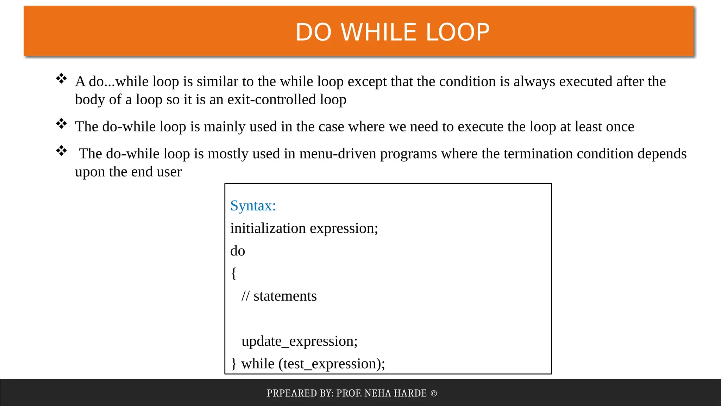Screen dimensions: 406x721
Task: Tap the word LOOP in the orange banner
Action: point(458,32)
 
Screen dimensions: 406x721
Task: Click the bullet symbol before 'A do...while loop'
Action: point(62,79)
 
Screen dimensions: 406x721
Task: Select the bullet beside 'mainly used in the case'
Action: point(62,124)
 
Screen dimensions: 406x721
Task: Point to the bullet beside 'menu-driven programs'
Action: point(62,151)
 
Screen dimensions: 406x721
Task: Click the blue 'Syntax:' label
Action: point(253,206)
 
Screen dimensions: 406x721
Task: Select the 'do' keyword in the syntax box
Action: point(238,251)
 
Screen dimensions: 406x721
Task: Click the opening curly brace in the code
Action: point(233,273)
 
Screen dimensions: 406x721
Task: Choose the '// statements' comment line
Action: point(279,296)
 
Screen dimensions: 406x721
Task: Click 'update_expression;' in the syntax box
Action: point(299,342)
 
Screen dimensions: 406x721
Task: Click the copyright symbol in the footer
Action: point(434,393)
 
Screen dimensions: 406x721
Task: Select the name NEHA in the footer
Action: point(378,393)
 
